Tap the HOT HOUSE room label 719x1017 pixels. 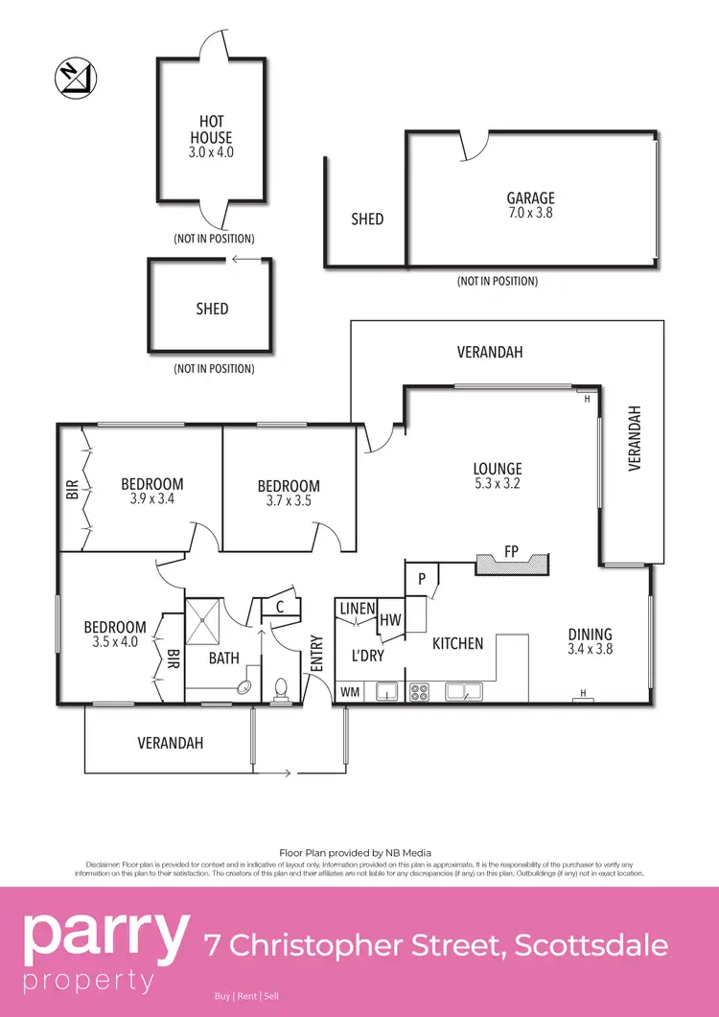[211, 129]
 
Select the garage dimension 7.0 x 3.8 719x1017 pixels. [530, 213]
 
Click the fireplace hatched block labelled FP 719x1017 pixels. [512, 565]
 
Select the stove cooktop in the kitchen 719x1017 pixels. [420, 692]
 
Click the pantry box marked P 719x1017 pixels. [421, 580]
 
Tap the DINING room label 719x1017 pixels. [589, 635]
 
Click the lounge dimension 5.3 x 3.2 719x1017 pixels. [498, 484]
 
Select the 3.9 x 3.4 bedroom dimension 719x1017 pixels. [151, 498]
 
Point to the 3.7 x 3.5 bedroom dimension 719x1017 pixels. [289, 500]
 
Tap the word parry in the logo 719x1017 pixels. [105, 936]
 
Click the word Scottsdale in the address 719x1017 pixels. [591, 946]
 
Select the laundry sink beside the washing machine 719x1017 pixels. [387, 691]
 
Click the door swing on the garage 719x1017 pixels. [472, 147]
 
